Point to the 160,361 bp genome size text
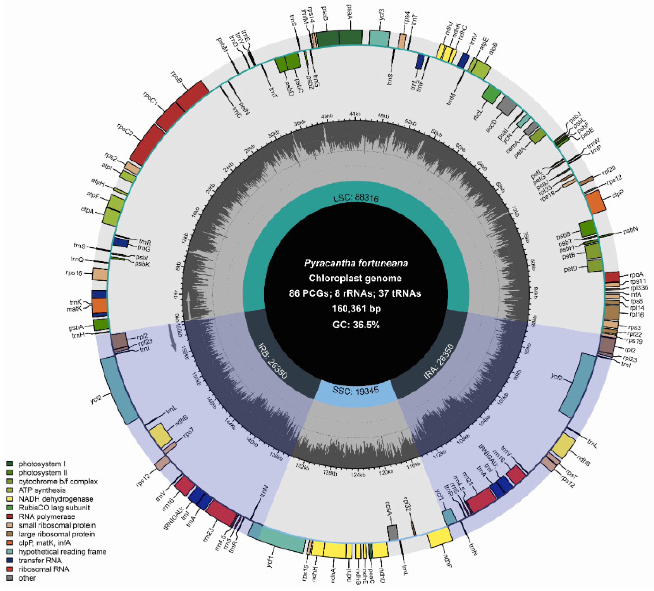point(356,309)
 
